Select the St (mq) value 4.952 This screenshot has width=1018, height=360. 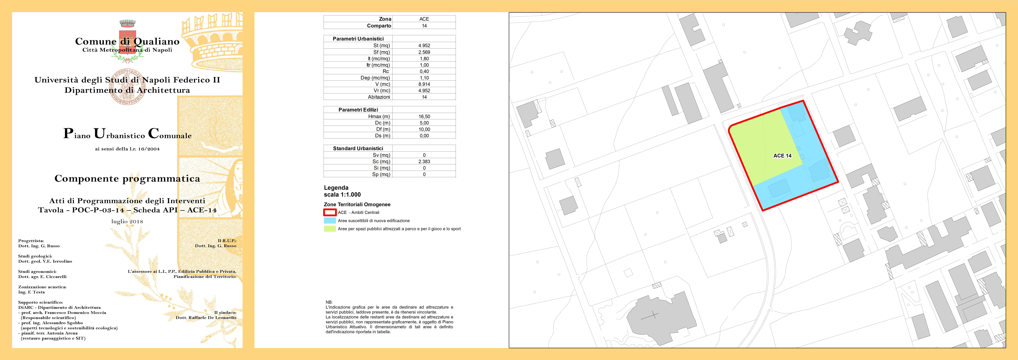pos(424,45)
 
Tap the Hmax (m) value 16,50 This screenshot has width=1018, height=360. pos(424,117)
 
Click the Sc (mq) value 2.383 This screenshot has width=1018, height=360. pos(424,162)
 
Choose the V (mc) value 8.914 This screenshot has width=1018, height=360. pos(424,84)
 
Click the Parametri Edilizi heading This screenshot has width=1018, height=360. pos(358,110)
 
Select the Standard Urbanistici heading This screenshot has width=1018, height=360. pos(358,149)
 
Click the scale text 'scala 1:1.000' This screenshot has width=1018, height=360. pos(342,194)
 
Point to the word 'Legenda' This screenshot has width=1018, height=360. pos(336,188)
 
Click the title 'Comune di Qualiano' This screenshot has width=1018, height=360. pos(127,41)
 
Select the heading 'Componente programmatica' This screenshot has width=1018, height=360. pos(127,179)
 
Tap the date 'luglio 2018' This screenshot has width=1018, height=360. pos(127,221)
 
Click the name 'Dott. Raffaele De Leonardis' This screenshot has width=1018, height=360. pos(206,318)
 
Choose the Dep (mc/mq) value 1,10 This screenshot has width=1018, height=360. pos(424,78)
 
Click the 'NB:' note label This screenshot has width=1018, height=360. pos(329,302)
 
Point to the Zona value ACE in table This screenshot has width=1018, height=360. pos(424,19)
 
